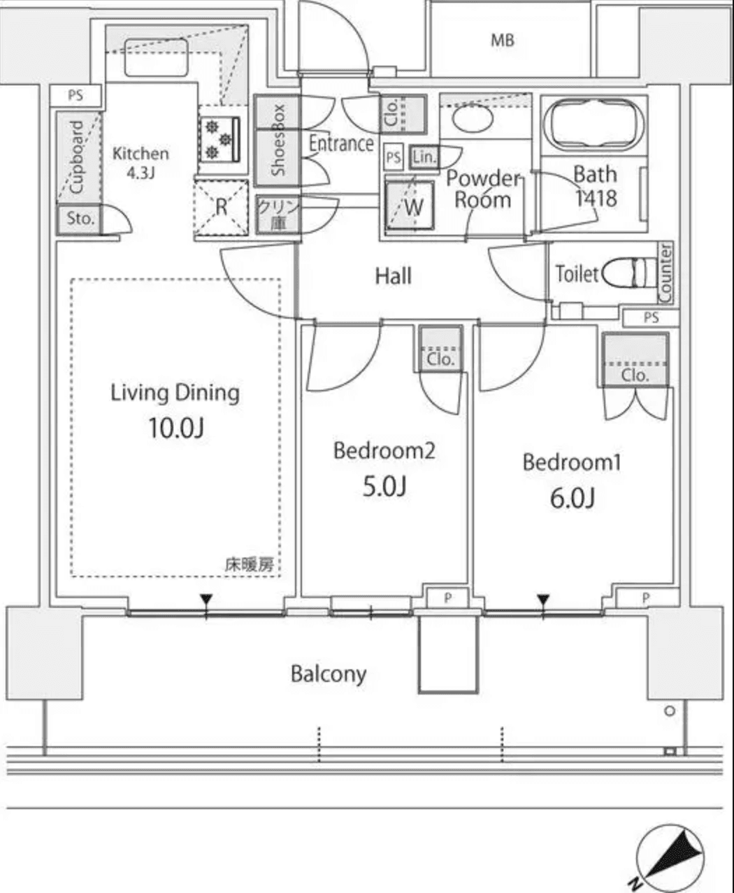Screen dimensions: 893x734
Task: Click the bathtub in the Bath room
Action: [x=595, y=124]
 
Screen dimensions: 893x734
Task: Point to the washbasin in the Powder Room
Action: [x=473, y=117]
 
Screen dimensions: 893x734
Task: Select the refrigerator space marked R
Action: [x=221, y=208]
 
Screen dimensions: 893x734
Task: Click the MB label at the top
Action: [x=502, y=41]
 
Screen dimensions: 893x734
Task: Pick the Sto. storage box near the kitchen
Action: [x=80, y=219]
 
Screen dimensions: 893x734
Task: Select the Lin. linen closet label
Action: [x=424, y=157]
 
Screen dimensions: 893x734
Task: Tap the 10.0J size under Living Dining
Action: [x=175, y=427]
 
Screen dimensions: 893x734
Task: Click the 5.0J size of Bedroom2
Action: [x=384, y=486]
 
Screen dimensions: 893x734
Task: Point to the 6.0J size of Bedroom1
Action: [x=572, y=498]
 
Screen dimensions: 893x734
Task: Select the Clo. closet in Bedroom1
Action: [x=635, y=360]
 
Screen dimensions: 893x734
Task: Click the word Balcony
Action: [x=328, y=674]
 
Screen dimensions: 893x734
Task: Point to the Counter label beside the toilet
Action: [x=665, y=273]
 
